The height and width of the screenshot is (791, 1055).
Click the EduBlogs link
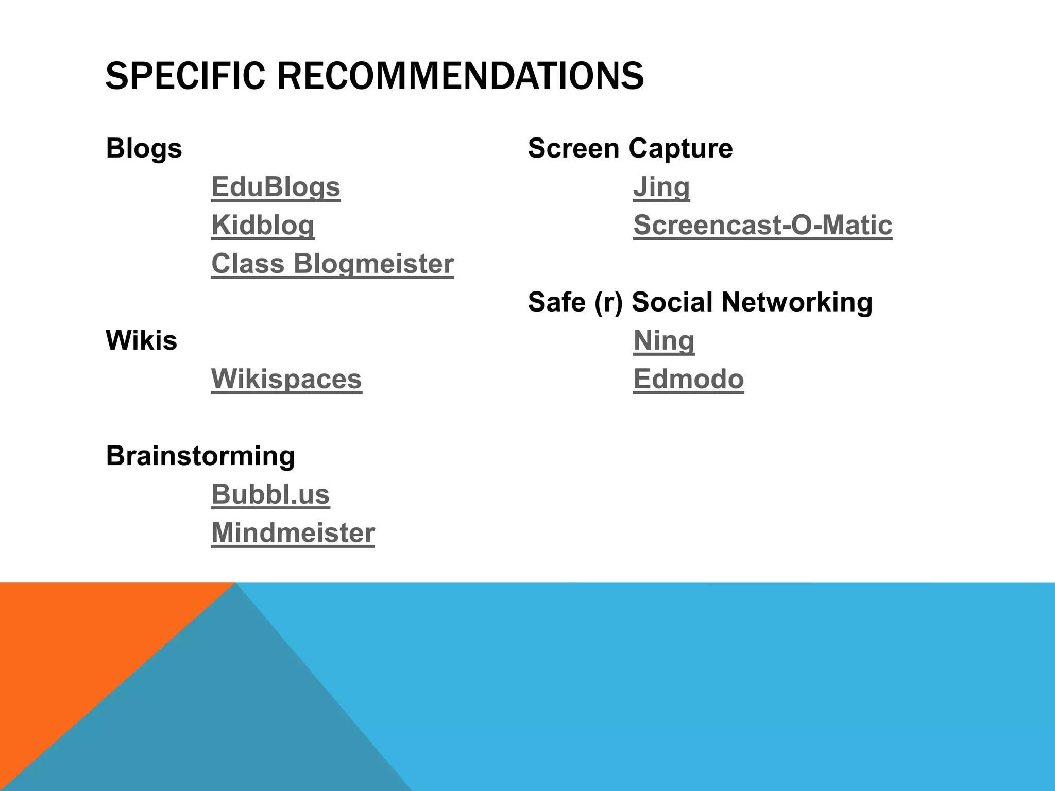click(276, 187)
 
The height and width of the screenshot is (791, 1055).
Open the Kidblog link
click(263, 225)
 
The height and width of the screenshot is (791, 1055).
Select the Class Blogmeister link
click(332, 264)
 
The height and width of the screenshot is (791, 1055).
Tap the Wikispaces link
click(286, 379)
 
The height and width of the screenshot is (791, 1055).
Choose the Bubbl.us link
click(270, 494)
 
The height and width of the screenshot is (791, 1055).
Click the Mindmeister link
click(293, 532)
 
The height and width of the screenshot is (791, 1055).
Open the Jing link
click(661, 187)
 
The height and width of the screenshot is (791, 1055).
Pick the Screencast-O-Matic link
click(762, 225)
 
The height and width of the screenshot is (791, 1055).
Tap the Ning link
click(663, 340)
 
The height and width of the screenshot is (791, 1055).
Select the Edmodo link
click(688, 379)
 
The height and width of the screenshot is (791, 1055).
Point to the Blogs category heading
click(144, 148)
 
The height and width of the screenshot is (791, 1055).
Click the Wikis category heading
click(141, 340)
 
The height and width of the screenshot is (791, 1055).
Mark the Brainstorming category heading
click(200, 456)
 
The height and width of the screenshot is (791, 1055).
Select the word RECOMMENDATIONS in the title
click(460, 76)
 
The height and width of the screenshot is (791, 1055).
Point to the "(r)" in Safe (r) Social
click(608, 302)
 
